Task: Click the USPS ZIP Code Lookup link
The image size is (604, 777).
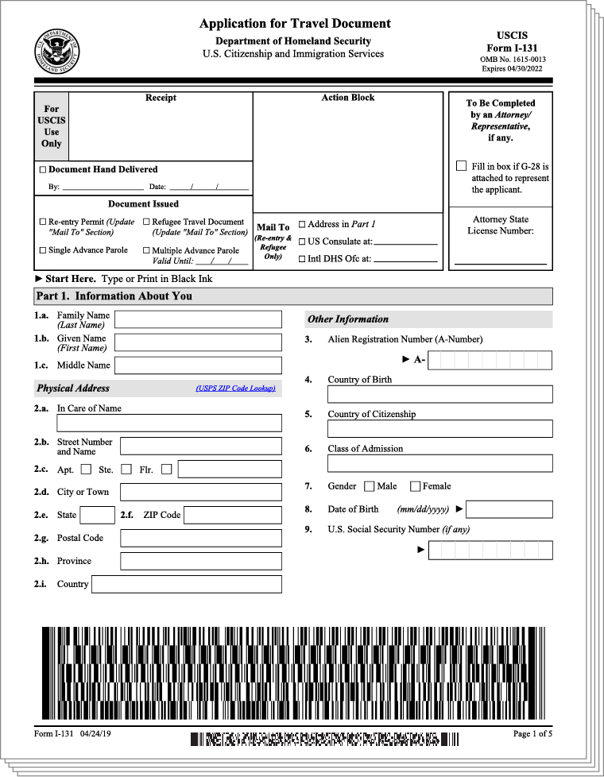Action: (x=236, y=388)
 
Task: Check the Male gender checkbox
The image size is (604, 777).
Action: (x=370, y=486)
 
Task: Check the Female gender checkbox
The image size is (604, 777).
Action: (x=416, y=486)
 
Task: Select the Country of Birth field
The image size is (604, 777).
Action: (x=439, y=394)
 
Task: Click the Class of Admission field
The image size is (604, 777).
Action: (x=439, y=463)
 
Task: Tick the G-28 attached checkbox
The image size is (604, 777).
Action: (x=461, y=166)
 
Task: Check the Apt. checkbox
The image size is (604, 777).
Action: (x=86, y=470)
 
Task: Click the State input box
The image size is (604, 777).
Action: (x=98, y=515)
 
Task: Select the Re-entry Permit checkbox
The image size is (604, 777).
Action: (x=43, y=222)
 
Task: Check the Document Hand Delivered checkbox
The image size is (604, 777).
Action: (x=43, y=170)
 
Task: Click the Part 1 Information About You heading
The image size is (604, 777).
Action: (x=114, y=296)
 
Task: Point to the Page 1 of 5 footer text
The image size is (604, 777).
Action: (x=532, y=733)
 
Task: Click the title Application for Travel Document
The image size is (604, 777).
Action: (x=295, y=24)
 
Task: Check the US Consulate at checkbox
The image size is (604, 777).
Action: (x=302, y=242)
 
